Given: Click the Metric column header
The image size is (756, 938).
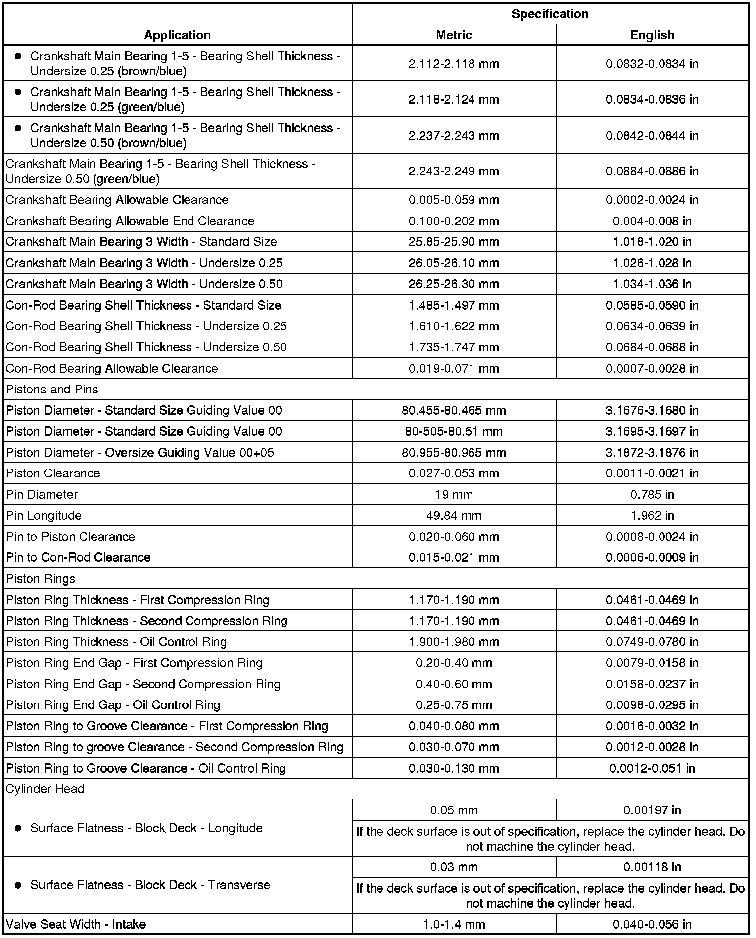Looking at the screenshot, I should click(454, 35).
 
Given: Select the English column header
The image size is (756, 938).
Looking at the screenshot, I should click(652, 35).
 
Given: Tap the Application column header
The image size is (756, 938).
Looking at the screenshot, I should click(177, 35).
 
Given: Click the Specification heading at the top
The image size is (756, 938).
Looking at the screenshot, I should click(550, 14).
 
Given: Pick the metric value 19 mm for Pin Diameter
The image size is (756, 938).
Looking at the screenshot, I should click(454, 495).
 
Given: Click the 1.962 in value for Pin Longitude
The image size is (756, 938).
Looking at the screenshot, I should click(652, 516).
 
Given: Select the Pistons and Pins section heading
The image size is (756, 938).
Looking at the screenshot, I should click(52, 390).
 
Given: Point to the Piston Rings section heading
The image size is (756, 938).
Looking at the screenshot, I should click(41, 579).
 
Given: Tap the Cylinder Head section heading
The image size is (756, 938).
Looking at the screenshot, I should click(45, 789).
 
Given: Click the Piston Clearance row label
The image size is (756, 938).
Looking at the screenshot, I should click(53, 473).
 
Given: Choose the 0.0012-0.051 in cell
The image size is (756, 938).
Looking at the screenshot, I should click(652, 768).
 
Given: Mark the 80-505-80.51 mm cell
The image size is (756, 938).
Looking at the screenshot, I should click(454, 432).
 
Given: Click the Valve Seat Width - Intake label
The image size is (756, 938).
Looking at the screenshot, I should click(76, 924).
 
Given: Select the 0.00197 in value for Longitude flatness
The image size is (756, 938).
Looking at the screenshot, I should click(652, 810).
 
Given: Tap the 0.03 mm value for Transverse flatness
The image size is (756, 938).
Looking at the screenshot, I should click(454, 867).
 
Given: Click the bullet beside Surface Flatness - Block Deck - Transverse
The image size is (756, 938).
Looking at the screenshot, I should click(18, 885).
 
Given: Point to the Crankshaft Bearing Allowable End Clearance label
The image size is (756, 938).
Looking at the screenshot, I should click(130, 221).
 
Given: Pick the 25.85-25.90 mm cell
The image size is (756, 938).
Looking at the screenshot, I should click(454, 242).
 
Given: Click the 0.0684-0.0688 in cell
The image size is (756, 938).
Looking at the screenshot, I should click(652, 347).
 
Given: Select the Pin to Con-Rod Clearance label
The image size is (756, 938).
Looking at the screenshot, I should click(78, 558).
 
